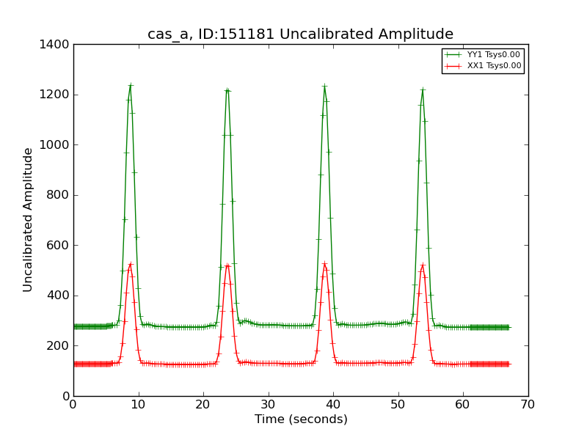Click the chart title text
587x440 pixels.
300,34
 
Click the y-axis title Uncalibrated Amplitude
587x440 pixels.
28,219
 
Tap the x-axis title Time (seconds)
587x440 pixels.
301,419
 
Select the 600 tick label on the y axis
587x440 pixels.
59,246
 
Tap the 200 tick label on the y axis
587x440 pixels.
59,346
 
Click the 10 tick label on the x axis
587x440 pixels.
138,404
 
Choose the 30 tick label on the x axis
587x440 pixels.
268,404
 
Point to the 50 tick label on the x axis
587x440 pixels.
398,404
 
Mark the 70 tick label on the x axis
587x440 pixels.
528,404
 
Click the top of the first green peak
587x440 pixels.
131,85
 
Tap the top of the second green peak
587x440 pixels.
227,90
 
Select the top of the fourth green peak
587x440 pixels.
423,89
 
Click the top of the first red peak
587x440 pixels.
131,264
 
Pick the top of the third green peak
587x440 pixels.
324,87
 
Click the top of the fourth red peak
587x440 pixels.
423,265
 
